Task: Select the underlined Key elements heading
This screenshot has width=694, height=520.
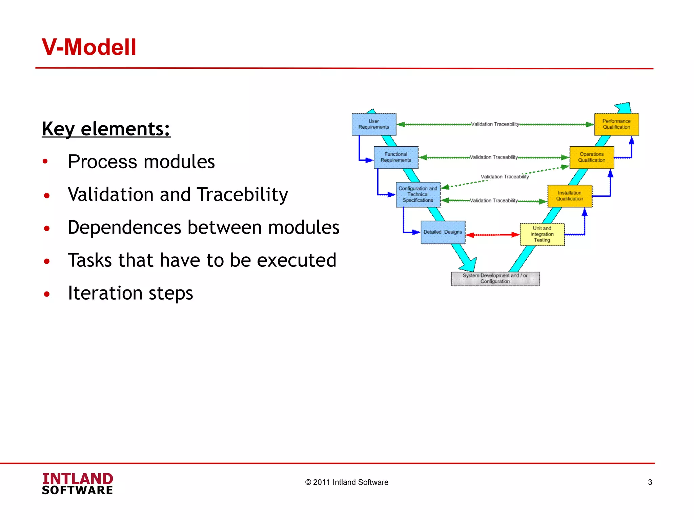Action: [106, 129]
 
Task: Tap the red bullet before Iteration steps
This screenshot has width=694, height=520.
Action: [47, 294]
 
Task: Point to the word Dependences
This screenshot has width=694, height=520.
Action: [124, 227]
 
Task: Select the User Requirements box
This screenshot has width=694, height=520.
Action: [374, 124]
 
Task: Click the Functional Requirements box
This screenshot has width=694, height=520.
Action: [396, 157]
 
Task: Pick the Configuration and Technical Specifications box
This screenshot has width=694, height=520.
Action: [418, 195]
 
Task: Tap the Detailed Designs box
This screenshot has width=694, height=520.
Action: [443, 232]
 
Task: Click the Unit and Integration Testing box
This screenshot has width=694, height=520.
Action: [542, 234]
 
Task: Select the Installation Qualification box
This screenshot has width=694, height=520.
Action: [570, 196]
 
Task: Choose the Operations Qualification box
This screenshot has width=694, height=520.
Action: [592, 157]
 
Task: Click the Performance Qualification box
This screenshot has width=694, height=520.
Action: [616, 124]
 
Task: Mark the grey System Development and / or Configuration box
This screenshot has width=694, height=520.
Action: [495, 279]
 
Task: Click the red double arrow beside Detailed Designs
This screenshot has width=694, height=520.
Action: [492, 235]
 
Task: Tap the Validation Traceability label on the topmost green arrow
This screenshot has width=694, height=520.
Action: [495, 124]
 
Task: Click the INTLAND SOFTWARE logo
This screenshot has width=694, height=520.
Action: [78, 484]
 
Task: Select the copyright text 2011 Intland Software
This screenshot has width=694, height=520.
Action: [347, 482]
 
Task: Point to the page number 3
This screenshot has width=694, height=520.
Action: [650, 482]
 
